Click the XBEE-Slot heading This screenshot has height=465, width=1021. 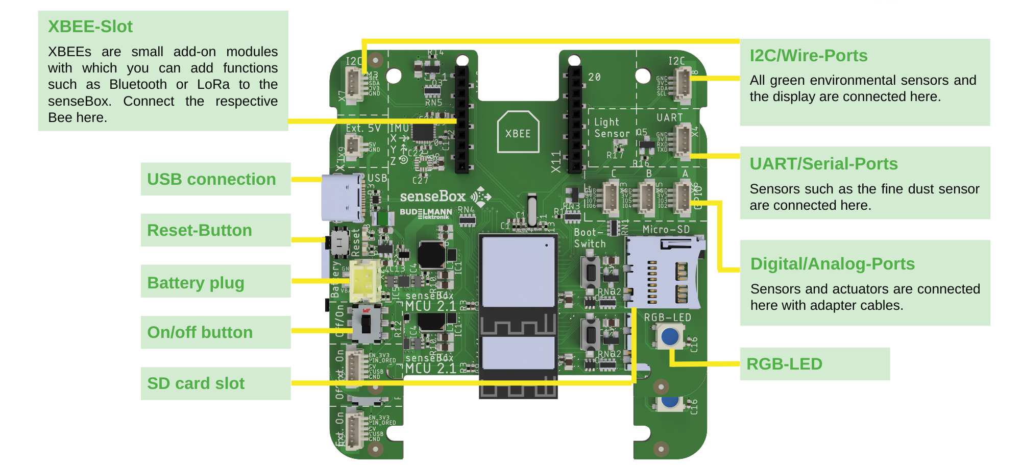pos(90,27)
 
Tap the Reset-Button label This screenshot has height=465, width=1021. pos(200,230)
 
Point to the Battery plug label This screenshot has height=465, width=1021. pos(196,282)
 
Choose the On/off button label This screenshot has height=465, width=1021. pos(200,332)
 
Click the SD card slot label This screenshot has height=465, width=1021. pos(196,383)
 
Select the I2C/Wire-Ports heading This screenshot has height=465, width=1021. pos(809,56)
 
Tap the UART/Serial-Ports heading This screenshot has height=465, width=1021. pos(823,164)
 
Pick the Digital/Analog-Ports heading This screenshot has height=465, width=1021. pos(832,264)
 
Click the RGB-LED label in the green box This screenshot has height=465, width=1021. pos(784,364)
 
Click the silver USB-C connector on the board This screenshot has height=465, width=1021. pos(341,198)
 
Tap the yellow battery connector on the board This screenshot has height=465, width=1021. pos(364,281)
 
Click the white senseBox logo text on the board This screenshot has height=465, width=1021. pos(432,197)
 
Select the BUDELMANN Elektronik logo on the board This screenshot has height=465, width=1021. pos(426,213)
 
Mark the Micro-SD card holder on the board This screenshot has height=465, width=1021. pos(663,273)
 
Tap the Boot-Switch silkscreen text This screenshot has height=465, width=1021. pos(590,238)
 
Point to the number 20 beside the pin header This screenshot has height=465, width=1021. pos(594,77)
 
